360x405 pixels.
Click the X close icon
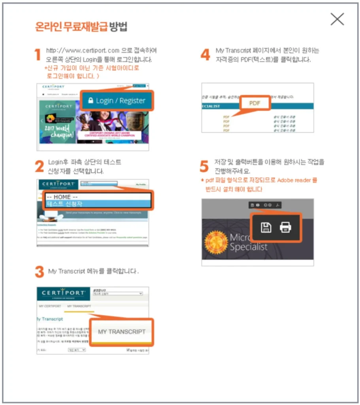[x=337, y=19]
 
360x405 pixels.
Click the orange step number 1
[x=38, y=55]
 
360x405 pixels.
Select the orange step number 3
[x=39, y=272]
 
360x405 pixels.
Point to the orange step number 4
[x=205, y=55]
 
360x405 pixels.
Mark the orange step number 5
[x=204, y=167]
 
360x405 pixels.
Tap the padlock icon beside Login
[x=90, y=100]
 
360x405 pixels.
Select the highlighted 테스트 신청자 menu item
[x=98, y=204]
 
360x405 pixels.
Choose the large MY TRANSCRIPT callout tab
[x=121, y=331]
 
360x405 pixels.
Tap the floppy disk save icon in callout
[x=266, y=227]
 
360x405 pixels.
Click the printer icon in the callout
[x=285, y=227]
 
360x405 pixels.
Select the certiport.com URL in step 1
[x=83, y=51]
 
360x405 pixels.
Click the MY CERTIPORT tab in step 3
[x=50, y=306]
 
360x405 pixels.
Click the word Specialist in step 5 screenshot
[x=249, y=247]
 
